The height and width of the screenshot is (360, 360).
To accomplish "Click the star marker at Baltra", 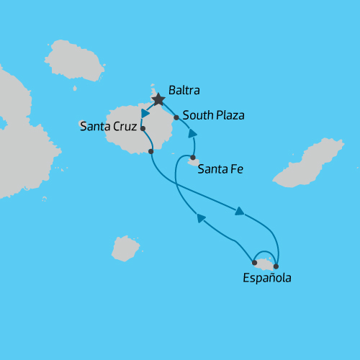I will point(158,99).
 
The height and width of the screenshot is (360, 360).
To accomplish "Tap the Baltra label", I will point(184,91).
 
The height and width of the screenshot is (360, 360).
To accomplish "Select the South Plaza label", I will point(214,115).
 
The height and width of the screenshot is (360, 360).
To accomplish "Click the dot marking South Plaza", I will point(176,117).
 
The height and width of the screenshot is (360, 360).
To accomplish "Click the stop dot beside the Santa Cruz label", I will point(143,129).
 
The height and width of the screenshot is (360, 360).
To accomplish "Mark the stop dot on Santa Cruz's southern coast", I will point(150,151).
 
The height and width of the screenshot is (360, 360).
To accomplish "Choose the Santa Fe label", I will point(220,170).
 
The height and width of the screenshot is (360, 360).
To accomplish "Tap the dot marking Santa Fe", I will point(193,157).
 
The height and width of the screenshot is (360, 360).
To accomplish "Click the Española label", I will point(267,278).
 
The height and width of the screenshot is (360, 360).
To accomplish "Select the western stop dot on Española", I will point(255,263).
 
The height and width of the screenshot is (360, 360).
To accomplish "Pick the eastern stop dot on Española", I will point(276,267).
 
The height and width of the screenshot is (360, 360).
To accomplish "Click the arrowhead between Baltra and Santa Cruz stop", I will point(145,113).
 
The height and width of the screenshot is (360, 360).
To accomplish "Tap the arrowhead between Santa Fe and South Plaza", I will point(192,133).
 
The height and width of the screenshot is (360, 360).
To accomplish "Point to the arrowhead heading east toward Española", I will point(240,211).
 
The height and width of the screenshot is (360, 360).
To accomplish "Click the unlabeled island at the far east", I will point(310,163).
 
